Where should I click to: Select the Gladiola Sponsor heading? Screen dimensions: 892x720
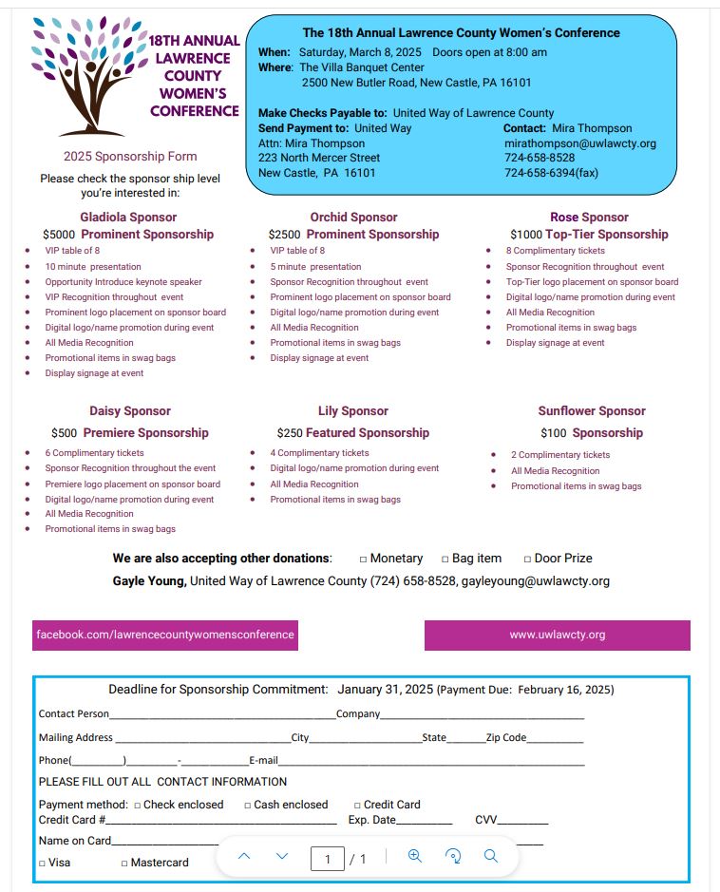coord(128,218)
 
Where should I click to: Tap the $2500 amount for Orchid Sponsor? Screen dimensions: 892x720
coord(284,235)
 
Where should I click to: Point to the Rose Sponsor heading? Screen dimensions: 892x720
coord(589,218)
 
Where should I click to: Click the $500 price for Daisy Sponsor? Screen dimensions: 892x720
coord(65,433)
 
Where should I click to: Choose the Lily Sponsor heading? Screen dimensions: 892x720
coord(352,411)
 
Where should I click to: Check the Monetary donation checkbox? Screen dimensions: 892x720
coord(363,560)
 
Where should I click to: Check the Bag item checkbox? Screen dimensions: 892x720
coord(445,560)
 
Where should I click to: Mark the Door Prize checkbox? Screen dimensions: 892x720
coord(527,560)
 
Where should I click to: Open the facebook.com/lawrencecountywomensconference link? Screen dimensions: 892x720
coord(165,635)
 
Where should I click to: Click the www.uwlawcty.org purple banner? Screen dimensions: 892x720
coord(557,635)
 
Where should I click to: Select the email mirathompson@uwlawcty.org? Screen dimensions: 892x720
coord(579,143)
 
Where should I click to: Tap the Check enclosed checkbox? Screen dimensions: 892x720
coord(137,806)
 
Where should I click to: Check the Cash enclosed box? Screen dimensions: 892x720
coord(247,806)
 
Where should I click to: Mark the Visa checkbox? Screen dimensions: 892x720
coord(42,864)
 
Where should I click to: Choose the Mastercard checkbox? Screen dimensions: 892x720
coord(123,864)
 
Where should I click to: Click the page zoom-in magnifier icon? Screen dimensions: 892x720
coord(414,856)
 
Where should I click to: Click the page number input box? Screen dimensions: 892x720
coord(328,860)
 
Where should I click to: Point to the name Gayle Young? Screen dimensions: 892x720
coord(149,581)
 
